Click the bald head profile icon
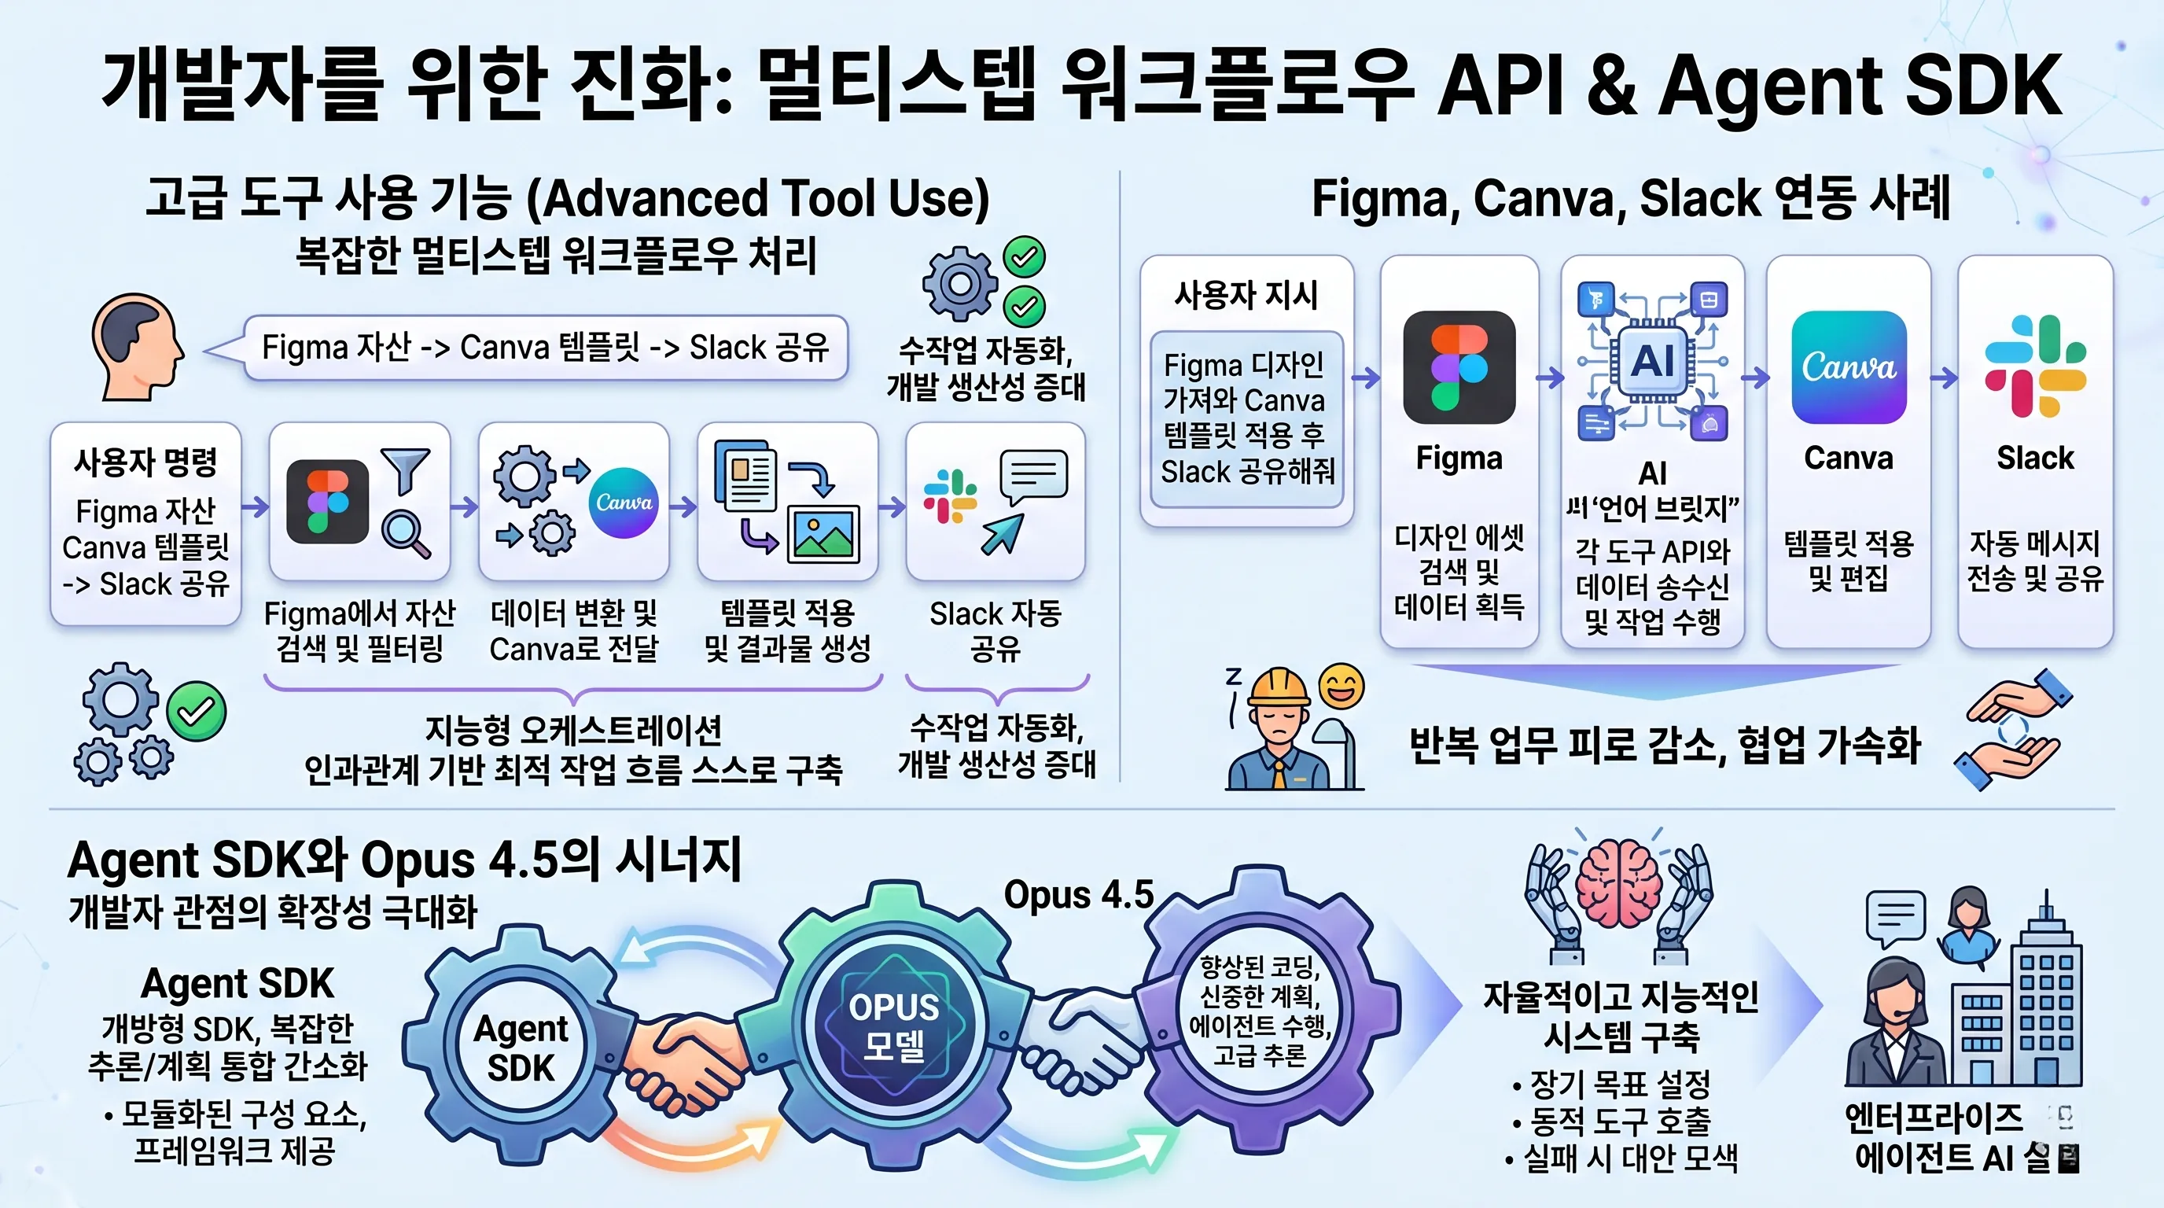136,346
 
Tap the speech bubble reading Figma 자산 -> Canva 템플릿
545,347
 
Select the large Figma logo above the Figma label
1459,367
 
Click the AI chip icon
1651,361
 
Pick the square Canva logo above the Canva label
1848,367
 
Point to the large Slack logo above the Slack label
2034,366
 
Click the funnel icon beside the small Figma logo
405,470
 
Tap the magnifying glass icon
405,532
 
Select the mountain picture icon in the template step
823,534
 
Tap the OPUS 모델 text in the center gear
893,1026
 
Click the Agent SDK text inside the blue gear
521,1048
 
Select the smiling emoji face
1341,687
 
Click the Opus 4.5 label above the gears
1079,895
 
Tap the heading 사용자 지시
1246,295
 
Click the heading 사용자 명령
145,462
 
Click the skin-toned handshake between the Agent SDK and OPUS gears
685,1059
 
